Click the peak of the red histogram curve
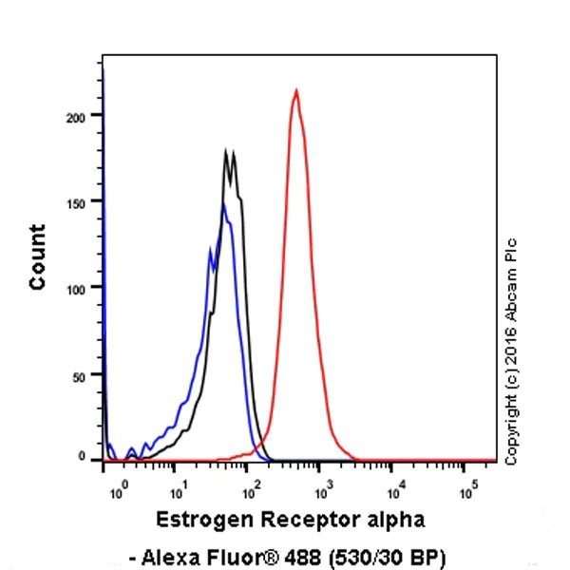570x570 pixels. pos(296,91)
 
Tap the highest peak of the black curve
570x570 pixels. pos(226,150)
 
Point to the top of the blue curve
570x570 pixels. pos(223,204)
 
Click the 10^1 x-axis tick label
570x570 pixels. pos(177,491)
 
